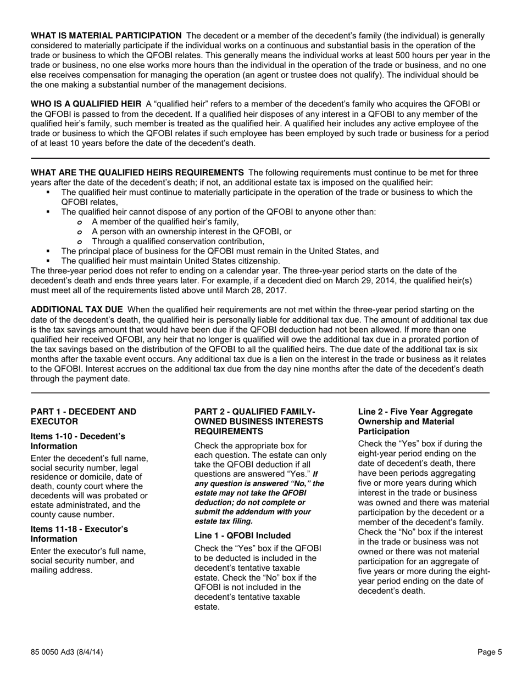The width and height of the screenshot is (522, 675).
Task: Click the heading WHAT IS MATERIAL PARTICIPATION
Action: pos(106,36)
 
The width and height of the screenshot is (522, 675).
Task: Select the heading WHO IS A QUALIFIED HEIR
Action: pos(86,104)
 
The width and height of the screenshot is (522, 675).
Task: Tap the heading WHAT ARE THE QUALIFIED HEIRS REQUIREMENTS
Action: pos(137,172)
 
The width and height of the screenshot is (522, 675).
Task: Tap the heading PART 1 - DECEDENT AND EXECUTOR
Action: pos(84,417)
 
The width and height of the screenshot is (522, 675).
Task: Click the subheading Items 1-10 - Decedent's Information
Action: pos(77,441)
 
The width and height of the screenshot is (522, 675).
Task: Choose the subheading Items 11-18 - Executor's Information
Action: pos(79,534)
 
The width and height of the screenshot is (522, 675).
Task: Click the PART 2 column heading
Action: pos(258,421)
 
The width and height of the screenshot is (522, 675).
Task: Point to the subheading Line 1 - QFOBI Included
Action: pos(242,536)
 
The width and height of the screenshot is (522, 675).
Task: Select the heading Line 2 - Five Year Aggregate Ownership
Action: pos(415,421)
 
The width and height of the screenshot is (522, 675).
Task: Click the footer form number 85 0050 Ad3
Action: pos(66,652)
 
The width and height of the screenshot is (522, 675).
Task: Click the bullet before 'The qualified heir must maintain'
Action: pos(48,261)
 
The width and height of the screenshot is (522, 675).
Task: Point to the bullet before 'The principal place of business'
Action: pos(48,251)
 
